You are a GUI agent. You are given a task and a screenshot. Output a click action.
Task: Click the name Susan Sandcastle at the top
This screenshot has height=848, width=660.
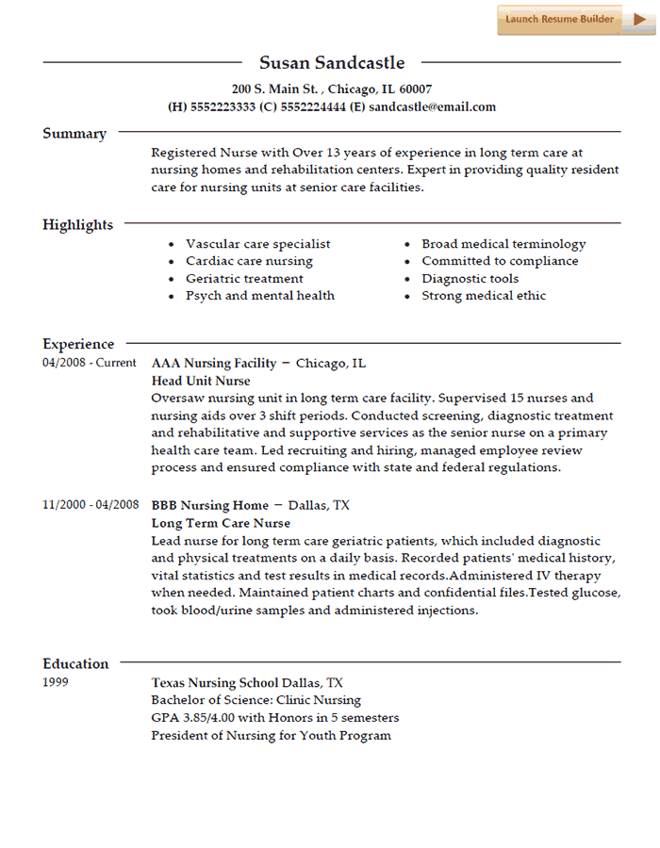pos(332,63)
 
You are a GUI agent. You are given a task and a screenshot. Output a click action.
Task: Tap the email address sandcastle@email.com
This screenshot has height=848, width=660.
pos(432,106)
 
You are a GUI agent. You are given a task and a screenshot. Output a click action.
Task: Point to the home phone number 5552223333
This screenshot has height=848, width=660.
pos(223,106)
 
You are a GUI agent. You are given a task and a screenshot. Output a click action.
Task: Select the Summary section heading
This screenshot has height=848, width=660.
pos(74,134)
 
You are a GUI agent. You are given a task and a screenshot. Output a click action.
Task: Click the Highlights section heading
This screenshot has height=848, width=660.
pos(77,224)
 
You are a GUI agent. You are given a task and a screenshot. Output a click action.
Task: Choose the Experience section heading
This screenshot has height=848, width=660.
pos(78,344)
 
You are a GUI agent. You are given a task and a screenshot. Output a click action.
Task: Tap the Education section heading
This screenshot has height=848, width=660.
pos(75,663)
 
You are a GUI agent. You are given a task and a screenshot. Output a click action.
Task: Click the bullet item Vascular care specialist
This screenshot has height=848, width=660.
pos(257,243)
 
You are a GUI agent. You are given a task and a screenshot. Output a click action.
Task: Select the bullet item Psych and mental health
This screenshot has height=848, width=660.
pos(259,295)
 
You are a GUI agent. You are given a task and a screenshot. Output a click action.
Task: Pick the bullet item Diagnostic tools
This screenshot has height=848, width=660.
pos(470,278)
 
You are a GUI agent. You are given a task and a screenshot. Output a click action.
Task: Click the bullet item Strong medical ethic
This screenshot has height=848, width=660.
pos(484,295)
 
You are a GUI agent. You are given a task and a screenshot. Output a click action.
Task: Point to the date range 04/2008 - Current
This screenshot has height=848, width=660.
pos(90,363)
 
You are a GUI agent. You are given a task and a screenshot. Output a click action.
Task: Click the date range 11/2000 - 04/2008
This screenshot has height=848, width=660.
pos(91,505)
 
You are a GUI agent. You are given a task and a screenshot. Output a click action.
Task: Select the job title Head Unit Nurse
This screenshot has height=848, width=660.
pos(201,381)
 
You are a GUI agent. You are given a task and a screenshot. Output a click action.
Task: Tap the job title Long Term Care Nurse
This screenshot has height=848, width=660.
pos(221,523)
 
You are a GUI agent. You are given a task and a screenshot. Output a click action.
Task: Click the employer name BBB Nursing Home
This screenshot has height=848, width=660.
pos(209,505)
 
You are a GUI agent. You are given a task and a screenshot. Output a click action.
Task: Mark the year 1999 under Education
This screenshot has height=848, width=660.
pos(57,682)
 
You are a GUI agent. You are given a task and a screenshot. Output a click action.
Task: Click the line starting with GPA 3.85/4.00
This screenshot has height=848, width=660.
pos(274,717)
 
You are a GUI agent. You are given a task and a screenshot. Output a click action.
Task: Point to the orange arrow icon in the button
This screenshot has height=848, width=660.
pos(638,19)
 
